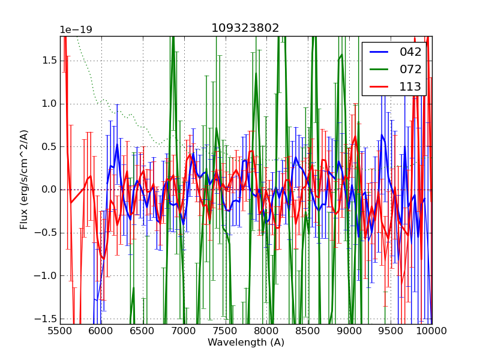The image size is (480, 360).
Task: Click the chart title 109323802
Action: point(245,28)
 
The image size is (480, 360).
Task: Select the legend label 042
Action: point(410,52)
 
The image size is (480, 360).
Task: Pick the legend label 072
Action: point(410,69)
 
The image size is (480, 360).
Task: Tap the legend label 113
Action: point(410,86)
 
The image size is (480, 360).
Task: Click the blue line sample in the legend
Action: point(379,52)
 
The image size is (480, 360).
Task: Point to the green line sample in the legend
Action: point(379,69)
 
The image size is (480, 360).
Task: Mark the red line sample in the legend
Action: point(379,86)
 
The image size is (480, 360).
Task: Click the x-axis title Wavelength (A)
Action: point(246,343)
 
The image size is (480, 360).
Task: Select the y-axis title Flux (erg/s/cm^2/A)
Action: point(24,179)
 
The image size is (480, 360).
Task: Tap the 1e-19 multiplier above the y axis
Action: point(76,30)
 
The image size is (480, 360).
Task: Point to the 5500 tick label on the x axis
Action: point(60,331)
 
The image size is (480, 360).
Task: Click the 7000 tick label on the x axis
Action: point(184,331)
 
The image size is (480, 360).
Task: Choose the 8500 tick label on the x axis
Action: point(308,331)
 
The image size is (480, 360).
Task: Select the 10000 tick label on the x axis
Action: point(432,331)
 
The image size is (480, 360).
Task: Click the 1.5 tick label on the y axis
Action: point(49,61)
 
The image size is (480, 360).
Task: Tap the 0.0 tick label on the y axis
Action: point(49,190)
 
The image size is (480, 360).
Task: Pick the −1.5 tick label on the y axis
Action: point(46,319)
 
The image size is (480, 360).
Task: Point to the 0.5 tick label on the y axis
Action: point(49,146)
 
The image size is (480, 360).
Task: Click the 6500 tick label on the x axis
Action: point(143,331)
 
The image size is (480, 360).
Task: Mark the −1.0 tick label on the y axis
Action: point(46,276)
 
